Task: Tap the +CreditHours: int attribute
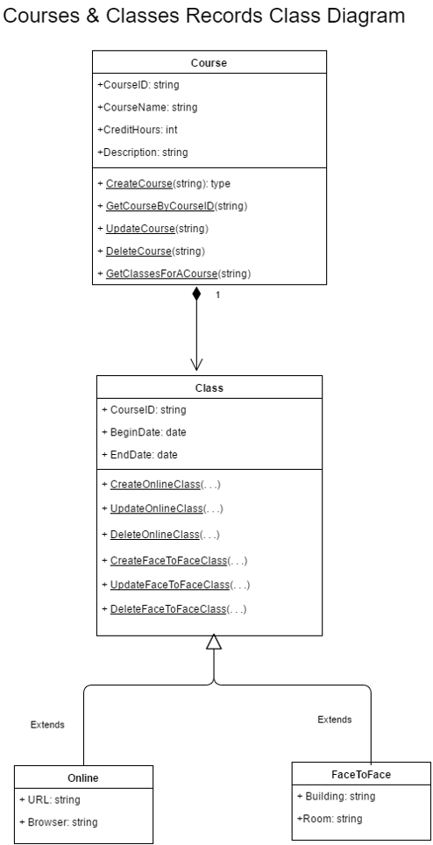140,129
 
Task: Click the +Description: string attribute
142,152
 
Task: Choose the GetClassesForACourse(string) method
174,273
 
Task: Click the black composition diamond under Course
196,295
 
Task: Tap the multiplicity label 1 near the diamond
217,295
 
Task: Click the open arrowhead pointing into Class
196,363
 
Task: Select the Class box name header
209,386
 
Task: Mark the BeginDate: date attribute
144,431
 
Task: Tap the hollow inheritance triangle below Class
213,643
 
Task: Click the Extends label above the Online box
47,725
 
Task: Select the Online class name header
83,777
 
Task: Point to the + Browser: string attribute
58,822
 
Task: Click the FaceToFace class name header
360,774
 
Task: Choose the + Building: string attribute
335,796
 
